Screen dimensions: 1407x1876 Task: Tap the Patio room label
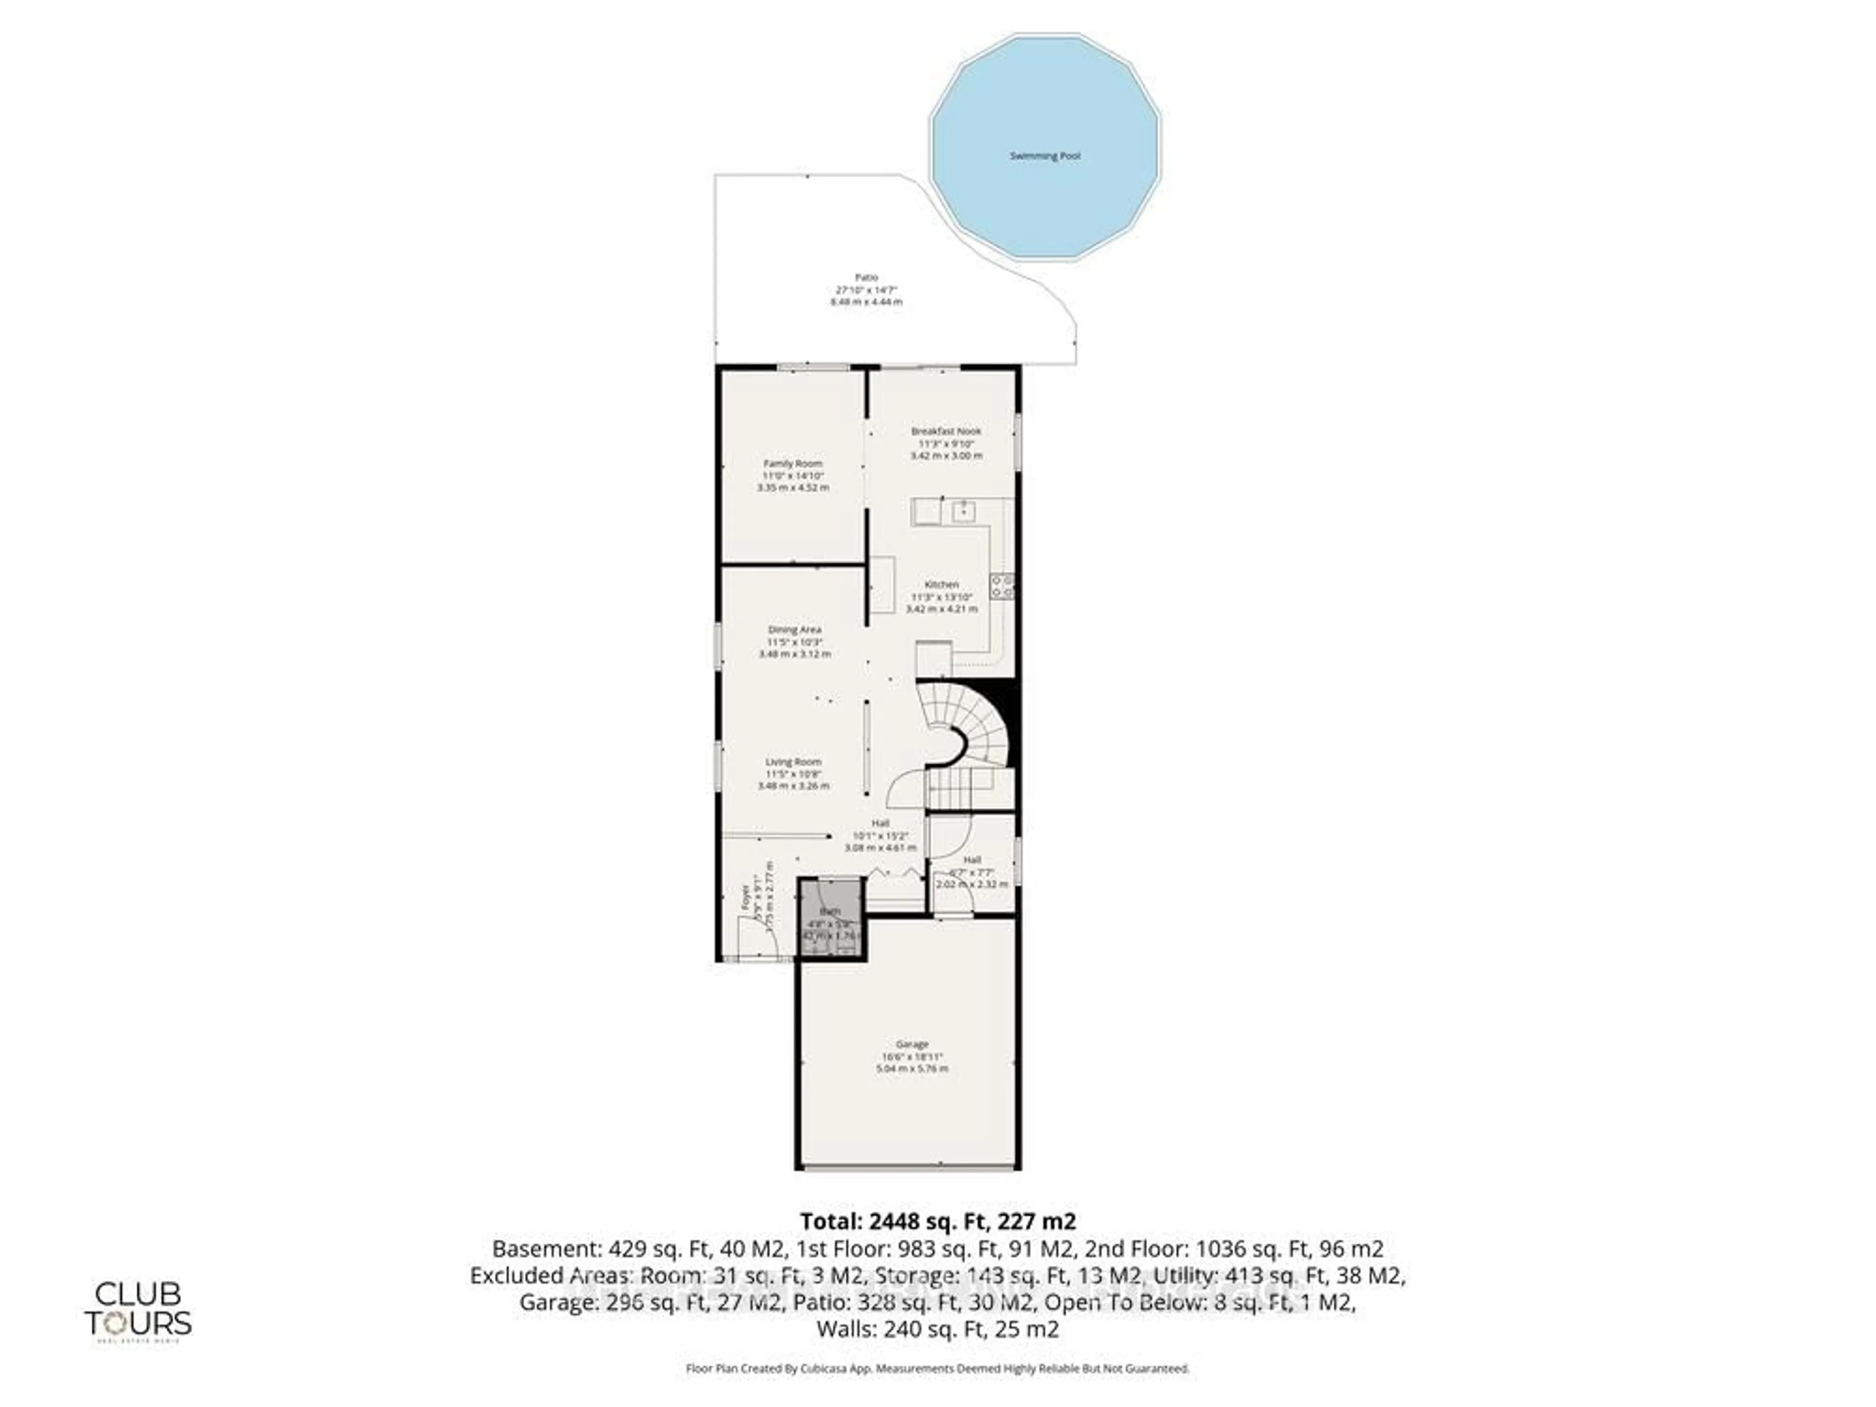coord(866,277)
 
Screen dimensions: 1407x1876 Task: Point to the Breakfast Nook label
coord(946,431)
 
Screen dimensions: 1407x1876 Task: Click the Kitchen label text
coord(941,584)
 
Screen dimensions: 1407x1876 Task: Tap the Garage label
coord(912,1044)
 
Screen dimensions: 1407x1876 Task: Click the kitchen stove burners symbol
coord(1002,586)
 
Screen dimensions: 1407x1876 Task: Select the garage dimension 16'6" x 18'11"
coord(912,1057)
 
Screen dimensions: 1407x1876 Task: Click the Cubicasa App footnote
coord(937,1368)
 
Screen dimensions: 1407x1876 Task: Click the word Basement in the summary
coord(545,1248)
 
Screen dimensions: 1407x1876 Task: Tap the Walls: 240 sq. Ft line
coord(937,1329)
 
